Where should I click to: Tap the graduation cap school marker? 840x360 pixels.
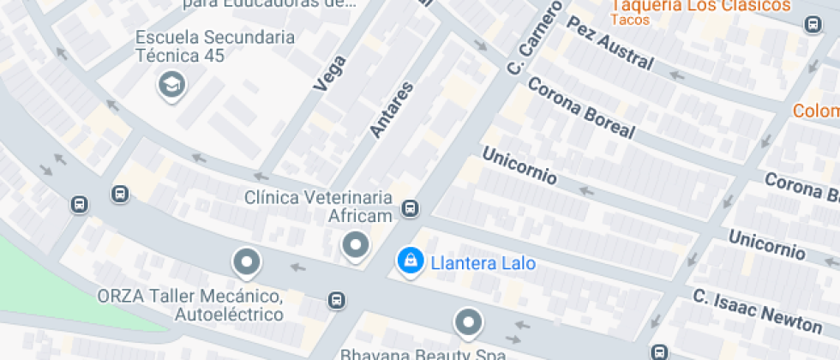(171, 84)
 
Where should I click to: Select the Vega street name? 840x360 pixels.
(331, 74)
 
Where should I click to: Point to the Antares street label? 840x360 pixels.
(392, 109)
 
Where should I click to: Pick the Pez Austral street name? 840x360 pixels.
(610, 43)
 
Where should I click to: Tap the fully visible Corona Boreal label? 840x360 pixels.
(581, 108)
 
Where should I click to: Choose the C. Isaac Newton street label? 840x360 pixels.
(757, 310)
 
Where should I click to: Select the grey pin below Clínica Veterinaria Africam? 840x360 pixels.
(355, 246)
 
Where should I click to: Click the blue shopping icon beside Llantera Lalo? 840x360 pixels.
(411, 260)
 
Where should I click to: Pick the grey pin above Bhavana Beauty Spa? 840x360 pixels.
(468, 322)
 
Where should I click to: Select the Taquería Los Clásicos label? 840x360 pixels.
(699, 6)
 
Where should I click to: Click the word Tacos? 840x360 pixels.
(632, 21)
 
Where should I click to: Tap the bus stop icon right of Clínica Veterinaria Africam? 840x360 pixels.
(411, 208)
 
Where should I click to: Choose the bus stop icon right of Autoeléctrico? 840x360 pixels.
(338, 300)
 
